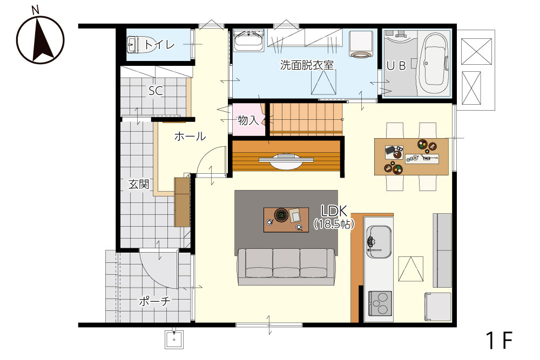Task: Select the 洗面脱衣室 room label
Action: [x=307, y=65]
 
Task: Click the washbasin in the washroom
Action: [x=248, y=40]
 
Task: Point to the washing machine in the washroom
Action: [x=361, y=44]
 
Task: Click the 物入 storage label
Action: [x=248, y=120]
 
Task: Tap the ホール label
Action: [x=190, y=137]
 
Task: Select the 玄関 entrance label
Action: [x=139, y=184]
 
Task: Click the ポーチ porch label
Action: [x=154, y=302]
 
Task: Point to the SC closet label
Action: [x=156, y=91]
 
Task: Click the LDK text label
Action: [x=334, y=210]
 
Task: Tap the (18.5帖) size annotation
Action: [x=334, y=225]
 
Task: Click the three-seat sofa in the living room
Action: [x=286, y=267]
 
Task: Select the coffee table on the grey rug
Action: [x=286, y=220]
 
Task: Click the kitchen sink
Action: [x=379, y=242]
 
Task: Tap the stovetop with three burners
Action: [x=380, y=303]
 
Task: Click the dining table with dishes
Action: [x=411, y=157]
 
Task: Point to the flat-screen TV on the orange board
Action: [x=286, y=160]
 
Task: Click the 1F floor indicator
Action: [x=500, y=340]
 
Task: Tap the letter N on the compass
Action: [x=35, y=11]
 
